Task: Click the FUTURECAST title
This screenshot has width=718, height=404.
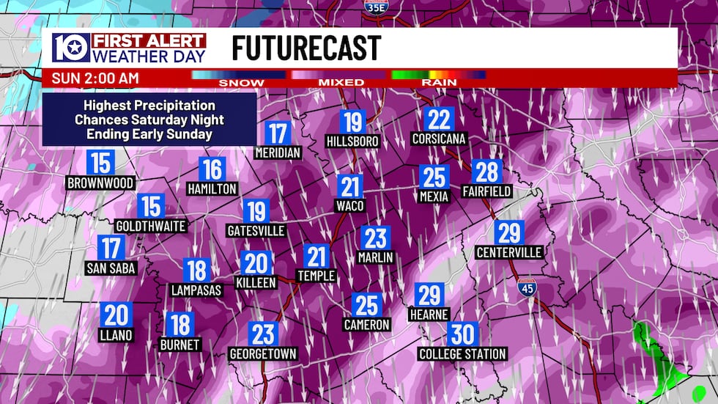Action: [x=306, y=48]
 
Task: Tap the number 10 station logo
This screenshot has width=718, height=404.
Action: [x=70, y=48]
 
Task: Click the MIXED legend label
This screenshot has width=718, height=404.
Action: [x=341, y=83]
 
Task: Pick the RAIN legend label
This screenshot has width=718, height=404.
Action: [x=437, y=83]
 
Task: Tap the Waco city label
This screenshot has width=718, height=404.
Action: [x=349, y=206]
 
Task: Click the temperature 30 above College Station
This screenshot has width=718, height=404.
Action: [x=462, y=334]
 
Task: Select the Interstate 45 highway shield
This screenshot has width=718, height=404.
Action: [x=527, y=287]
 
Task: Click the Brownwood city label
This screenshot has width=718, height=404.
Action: [x=100, y=183]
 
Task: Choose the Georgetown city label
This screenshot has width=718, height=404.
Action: [x=263, y=354]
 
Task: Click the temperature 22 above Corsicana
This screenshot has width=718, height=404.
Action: [x=439, y=120]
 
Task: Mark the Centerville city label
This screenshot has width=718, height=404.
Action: [x=508, y=253]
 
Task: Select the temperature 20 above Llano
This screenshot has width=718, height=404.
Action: [x=116, y=315]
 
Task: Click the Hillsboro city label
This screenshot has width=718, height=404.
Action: [x=352, y=141]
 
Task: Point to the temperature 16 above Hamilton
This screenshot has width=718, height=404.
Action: [x=212, y=170]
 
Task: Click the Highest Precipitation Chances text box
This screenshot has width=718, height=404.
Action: [x=149, y=120]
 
